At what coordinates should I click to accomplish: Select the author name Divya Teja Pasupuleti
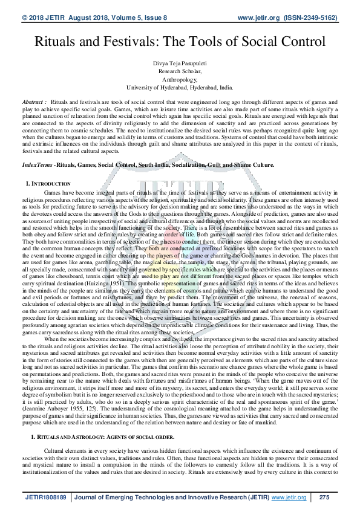[180, 63]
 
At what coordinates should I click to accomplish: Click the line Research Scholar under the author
[180, 70]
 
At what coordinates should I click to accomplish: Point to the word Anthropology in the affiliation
[180, 78]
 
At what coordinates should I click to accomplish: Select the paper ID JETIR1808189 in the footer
[46, 497]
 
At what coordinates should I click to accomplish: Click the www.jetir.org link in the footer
[289, 497]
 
